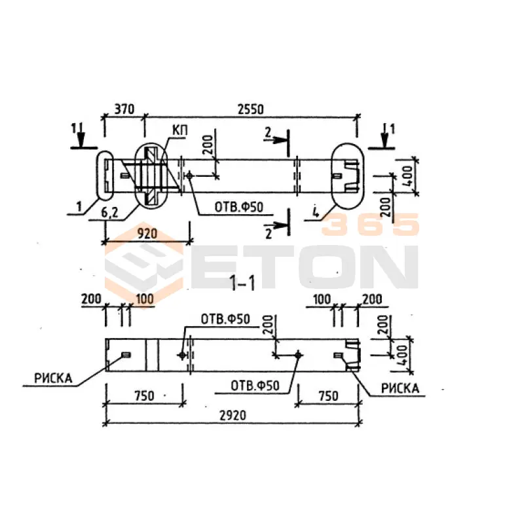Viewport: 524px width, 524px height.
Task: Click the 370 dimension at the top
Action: (x=124, y=109)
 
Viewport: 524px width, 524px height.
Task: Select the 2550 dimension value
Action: (x=250, y=109)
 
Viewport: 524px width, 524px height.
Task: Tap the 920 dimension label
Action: (x=147, y=234)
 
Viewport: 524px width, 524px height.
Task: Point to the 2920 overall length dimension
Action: (x=233, y=415)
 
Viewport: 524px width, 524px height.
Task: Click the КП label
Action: (x=180, y=130)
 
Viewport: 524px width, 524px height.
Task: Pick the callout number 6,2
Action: (x=109, y=212)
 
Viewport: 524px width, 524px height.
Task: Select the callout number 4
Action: (x=315, y=212)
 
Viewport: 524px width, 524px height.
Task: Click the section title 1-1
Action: (x=242, y=284)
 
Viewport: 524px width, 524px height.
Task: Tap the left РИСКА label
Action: (x=53, y=378)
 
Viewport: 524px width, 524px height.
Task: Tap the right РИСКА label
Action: (x=400, y=388)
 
